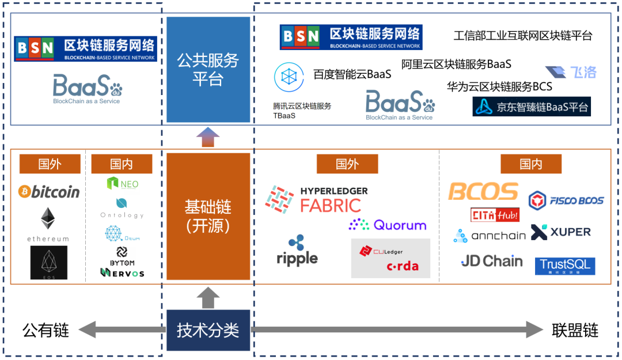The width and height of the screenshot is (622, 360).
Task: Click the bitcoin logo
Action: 49,192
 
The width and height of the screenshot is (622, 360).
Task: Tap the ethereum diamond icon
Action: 49,219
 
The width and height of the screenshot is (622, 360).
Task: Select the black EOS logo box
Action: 49,263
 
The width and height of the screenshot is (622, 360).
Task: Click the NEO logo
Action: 123,184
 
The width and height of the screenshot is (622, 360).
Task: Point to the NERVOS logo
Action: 122,272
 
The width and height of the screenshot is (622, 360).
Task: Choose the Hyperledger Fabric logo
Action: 316,199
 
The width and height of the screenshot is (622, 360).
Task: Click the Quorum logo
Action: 388,225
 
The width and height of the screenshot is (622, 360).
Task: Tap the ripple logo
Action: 297,251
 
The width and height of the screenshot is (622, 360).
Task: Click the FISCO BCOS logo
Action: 566,200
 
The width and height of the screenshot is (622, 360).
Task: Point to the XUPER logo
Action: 561,232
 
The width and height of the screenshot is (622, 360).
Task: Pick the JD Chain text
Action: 492,262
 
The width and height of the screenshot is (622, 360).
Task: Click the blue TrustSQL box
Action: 565,266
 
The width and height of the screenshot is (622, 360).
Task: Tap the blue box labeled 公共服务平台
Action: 208,70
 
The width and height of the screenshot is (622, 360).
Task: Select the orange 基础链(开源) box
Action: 208,216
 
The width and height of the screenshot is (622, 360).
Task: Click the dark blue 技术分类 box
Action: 208,331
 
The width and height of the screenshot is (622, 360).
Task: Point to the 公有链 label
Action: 45,331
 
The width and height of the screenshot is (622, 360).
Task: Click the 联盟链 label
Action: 575,331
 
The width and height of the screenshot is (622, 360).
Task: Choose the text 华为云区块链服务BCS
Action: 499,86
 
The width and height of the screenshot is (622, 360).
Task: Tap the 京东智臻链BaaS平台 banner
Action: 532,107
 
